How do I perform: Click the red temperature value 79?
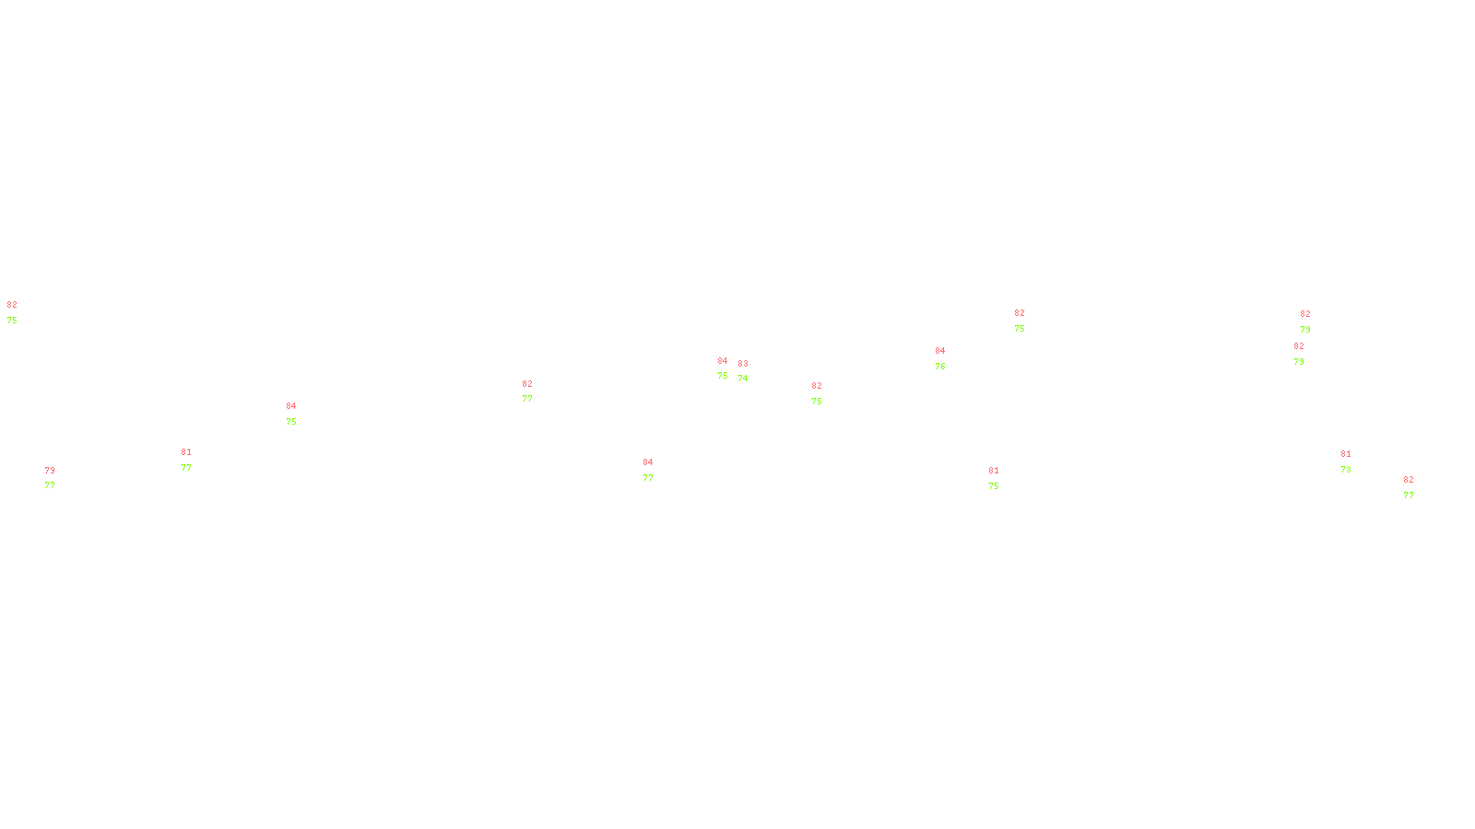click(50, 471)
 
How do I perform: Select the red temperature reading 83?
click(743, 364)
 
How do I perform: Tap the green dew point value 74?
click(743, 379)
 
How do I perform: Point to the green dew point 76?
click(940, 367)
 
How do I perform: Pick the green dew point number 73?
click(1346, 470)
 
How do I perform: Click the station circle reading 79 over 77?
click(59, 479)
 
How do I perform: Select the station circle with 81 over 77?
click(195, 460)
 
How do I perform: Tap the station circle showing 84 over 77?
click(657, 470)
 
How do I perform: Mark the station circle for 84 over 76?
click(950, 358)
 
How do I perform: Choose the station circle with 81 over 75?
click(1002, 479)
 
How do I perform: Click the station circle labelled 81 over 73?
click(1354, 461)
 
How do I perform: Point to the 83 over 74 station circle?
click(751, 371)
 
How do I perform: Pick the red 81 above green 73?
click(1346, 454)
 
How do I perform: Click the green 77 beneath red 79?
click(50, 485)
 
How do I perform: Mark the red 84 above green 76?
click(940, 351)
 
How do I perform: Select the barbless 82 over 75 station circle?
click(21, 312)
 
